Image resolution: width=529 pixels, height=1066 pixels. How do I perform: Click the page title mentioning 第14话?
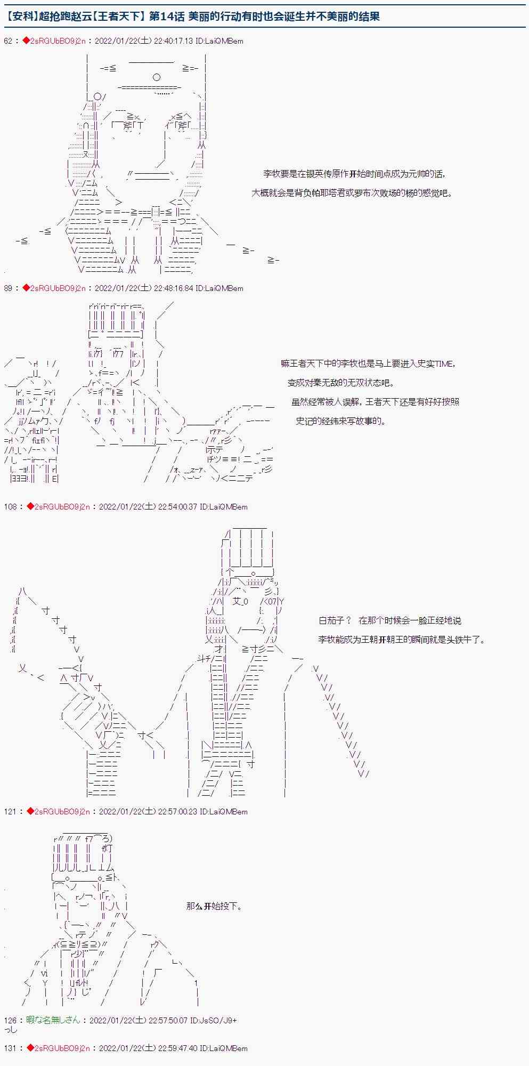tap(194, 16)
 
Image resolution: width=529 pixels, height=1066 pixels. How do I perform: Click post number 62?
tap(8, 41)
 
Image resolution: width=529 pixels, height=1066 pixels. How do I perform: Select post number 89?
tap(8, 288)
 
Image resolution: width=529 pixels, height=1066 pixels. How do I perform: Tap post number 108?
tap(10, 507)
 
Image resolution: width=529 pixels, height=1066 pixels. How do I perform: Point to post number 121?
tap(10, 812)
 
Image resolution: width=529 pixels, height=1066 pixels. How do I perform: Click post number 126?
tap(10, 1021)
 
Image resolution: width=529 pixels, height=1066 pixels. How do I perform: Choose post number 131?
tap(10, 1048)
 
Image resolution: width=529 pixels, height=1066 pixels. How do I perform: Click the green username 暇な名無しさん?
tap(53, 1021)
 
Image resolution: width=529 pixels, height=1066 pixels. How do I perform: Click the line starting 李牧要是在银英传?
tap(354, 174)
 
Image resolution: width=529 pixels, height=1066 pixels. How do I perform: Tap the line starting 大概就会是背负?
tap(352, 193)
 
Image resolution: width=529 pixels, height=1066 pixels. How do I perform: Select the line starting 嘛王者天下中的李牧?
tap(368, 364)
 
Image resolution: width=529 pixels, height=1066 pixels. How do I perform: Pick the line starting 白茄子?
tap(389, 620)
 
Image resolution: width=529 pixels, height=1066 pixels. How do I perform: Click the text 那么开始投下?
tap(214, 906)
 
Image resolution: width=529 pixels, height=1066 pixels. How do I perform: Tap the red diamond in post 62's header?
tap(26, 41)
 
